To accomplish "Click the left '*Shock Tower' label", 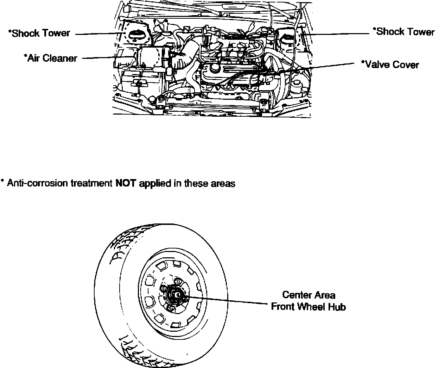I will [39, 33].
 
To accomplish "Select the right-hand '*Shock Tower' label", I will [403, 32].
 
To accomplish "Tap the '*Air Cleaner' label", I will [50, 58].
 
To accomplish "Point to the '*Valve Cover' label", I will [390, 65].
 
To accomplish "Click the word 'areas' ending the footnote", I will [223, 184].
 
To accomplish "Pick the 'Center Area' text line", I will [308, 295].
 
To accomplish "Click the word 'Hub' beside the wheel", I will [337, 307].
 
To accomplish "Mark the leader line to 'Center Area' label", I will [229, 300].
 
